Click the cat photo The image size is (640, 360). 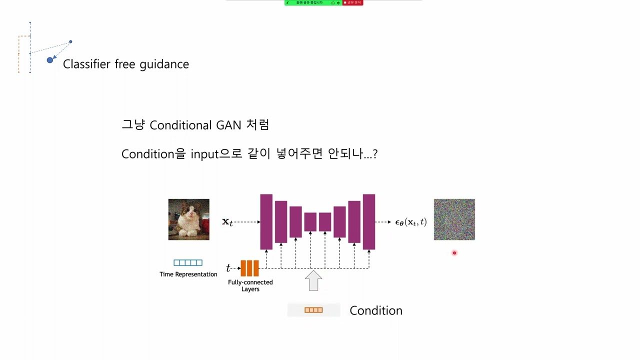click(x=188, y=219)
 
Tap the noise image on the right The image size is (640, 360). click(x=454, y=219)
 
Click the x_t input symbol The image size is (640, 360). click(x=227, y=222)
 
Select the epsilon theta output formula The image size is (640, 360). click(x=410, y=222)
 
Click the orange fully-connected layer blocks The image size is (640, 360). click(x=249, y=268)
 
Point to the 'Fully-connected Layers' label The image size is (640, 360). click(x=250, y=285)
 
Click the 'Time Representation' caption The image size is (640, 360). click(x=188, y=274)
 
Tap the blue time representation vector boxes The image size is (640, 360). click(x=188, y=262)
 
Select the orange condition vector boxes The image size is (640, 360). click(x=313, y=310)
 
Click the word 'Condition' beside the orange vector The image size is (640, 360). click(x=375, y=310)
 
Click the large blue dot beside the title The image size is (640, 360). click(x=50, y=60)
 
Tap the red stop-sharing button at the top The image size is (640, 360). click(x=353, y=2)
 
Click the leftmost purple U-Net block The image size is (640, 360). click(x=266, y=221)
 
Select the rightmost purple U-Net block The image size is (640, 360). click(x=369, y=221)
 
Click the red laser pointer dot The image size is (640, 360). click(x=454, y=253)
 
